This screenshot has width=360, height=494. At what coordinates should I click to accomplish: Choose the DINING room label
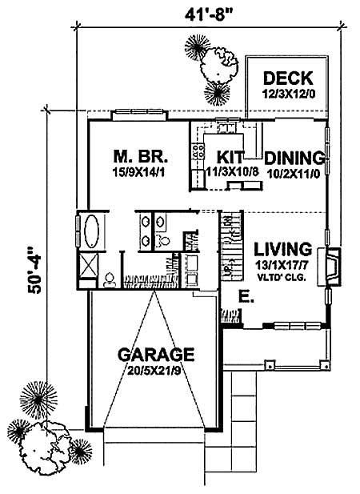(294, 157)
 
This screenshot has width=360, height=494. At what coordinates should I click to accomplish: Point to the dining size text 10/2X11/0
(294, 172)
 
